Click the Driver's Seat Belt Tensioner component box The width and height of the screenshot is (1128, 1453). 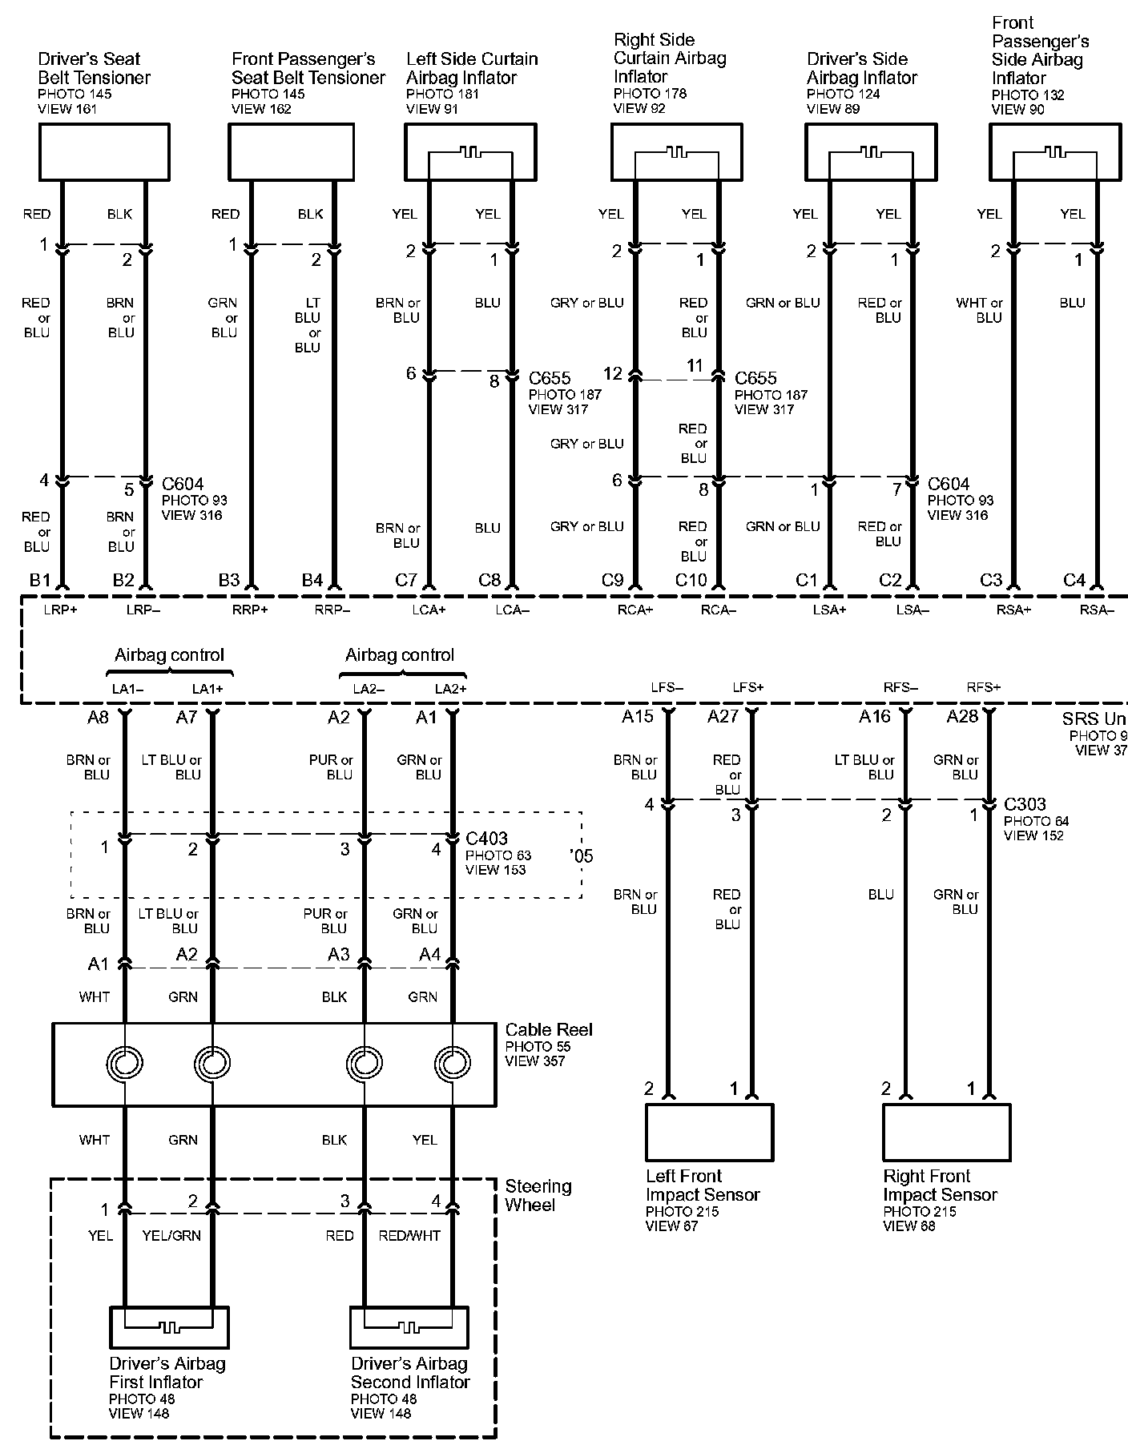pos(104,151)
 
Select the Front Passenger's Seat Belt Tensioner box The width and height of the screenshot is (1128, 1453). pos(292,151)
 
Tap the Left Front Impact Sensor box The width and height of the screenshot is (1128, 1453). pos(709,1133)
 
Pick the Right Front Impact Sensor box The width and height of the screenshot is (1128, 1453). pos(946,1133)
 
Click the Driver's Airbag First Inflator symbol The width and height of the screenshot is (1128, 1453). pos(169,1327)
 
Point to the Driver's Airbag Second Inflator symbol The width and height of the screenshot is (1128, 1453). pos(409,1327)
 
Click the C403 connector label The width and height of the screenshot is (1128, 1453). pos(486,839)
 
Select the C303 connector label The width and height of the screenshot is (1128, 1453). pos(1025,804)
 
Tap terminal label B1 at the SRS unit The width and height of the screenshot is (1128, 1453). pos(40,580)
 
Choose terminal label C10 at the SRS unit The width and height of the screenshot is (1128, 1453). pos(691,580)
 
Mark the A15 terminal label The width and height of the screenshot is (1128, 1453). pos(638,716)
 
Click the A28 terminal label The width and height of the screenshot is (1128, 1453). pos(962,716)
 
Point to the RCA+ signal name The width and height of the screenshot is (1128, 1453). pos(635,610)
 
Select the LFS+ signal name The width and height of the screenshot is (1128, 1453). pos(748,687)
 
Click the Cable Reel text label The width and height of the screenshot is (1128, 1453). pos(549,1030)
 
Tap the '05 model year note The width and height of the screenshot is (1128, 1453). pos(581,856)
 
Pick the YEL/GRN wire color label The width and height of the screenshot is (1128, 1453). pos(171,1235)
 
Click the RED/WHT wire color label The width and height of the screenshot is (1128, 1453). pos(409,1235)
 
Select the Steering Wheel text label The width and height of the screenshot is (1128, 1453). pos(538,1195)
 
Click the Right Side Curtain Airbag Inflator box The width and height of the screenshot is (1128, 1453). pos(677,151)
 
